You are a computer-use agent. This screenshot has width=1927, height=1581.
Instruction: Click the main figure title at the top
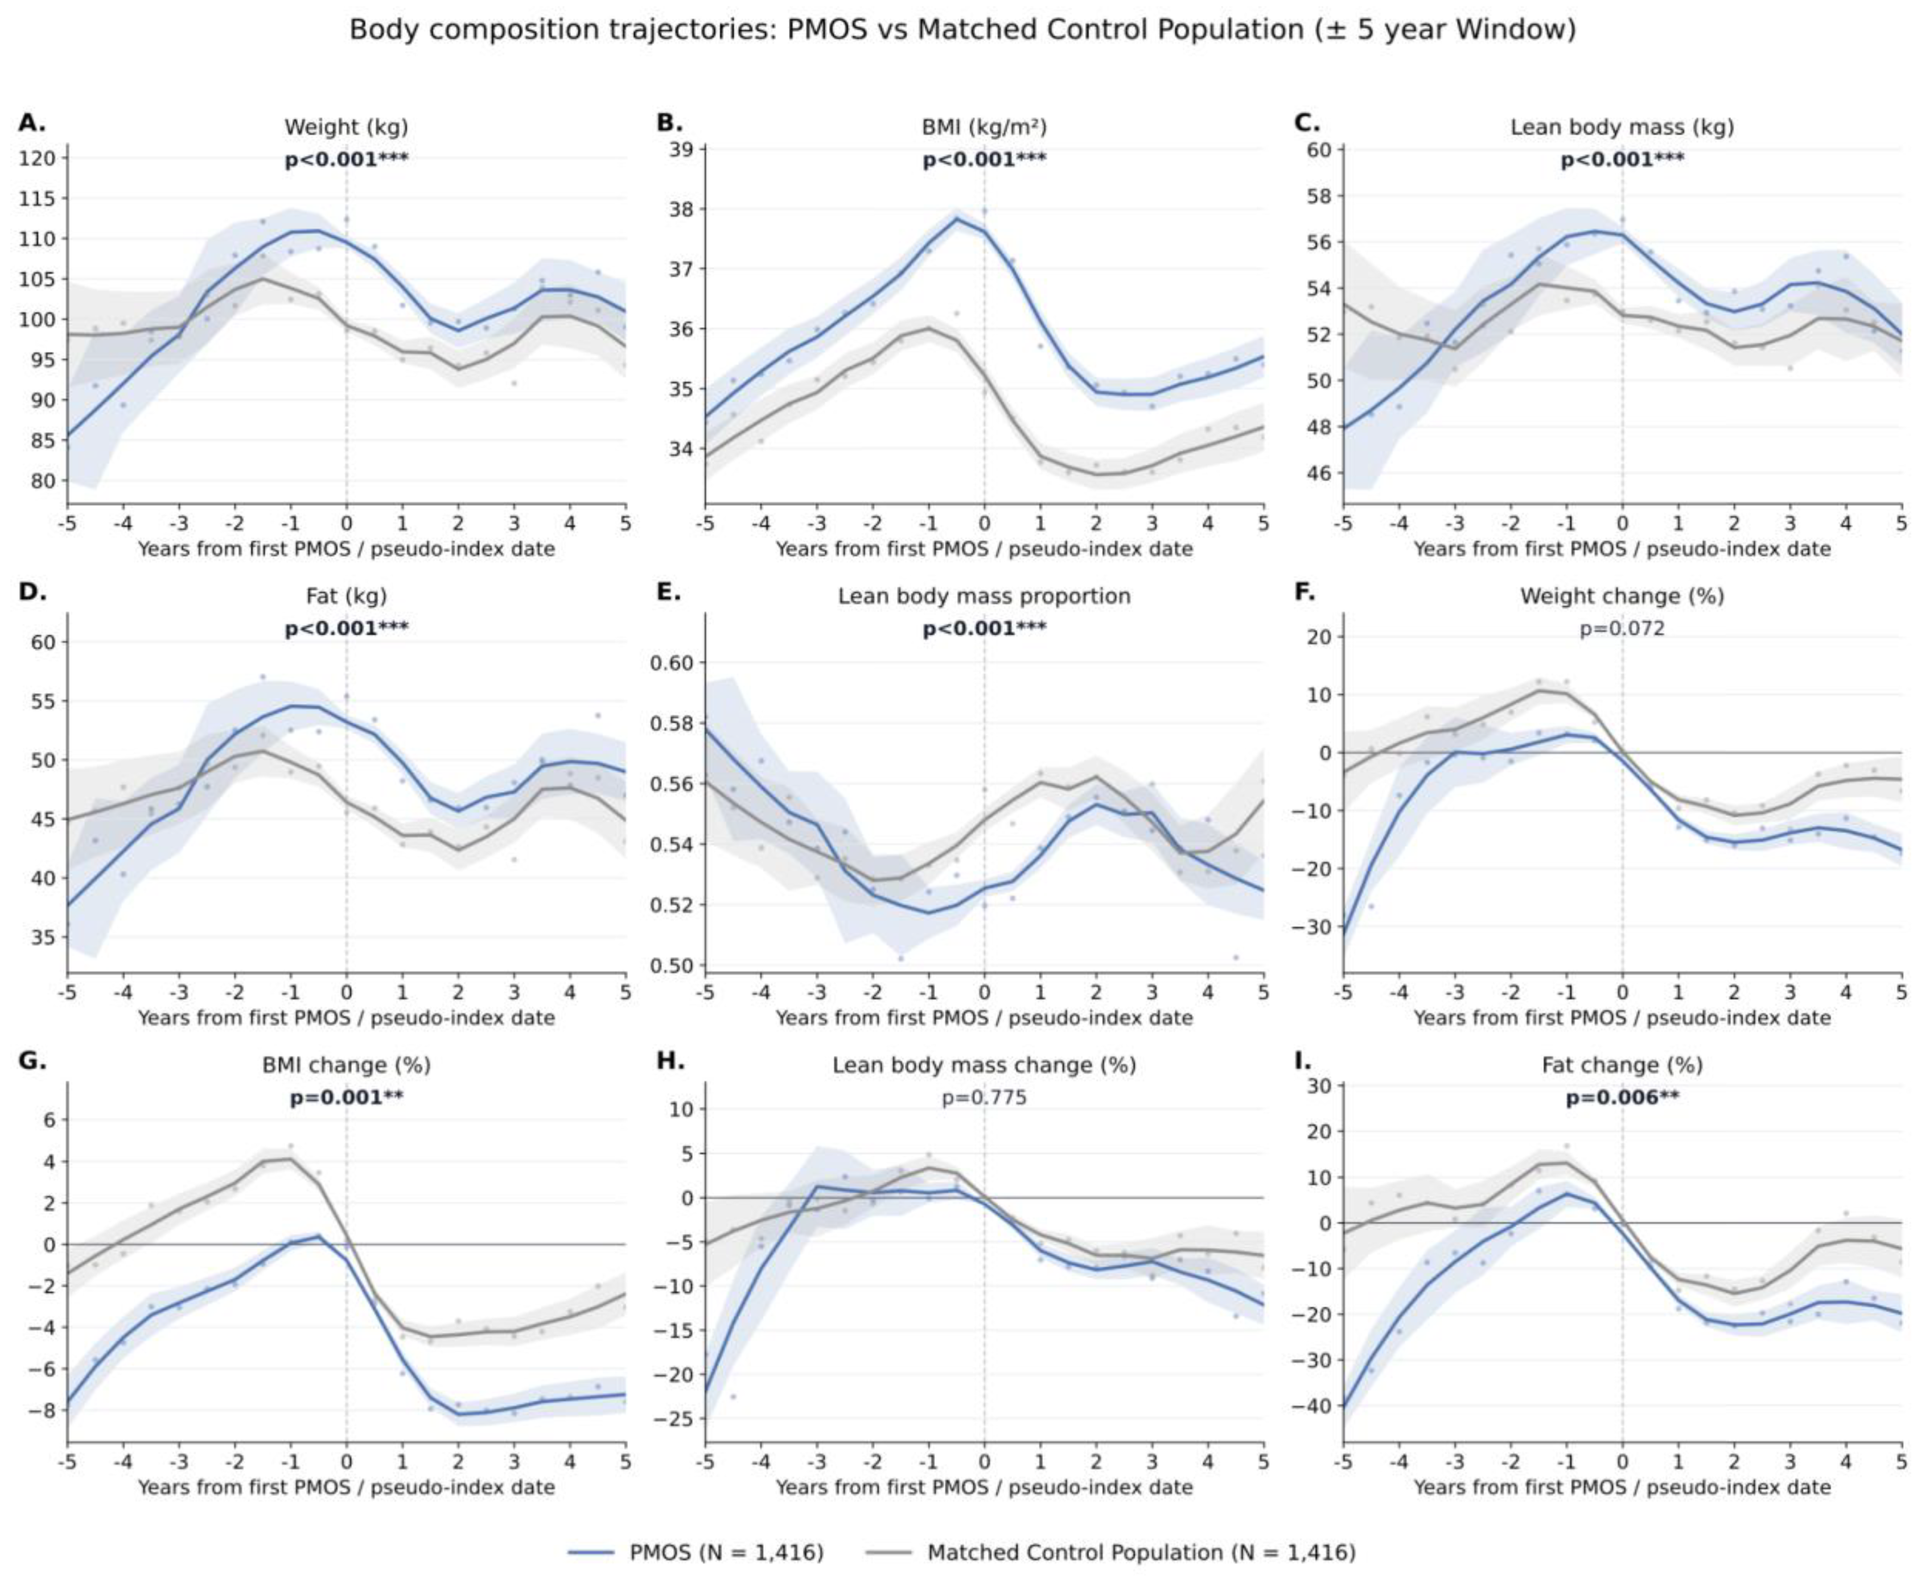pos(962,30)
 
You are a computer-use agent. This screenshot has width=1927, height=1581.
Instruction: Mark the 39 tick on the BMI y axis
pos(682,149)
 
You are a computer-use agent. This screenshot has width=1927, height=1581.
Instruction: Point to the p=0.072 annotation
pos(1622,628)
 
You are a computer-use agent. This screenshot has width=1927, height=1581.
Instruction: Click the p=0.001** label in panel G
pos(346,1097)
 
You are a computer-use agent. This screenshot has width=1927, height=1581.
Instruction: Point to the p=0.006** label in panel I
pos(1622,1097)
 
